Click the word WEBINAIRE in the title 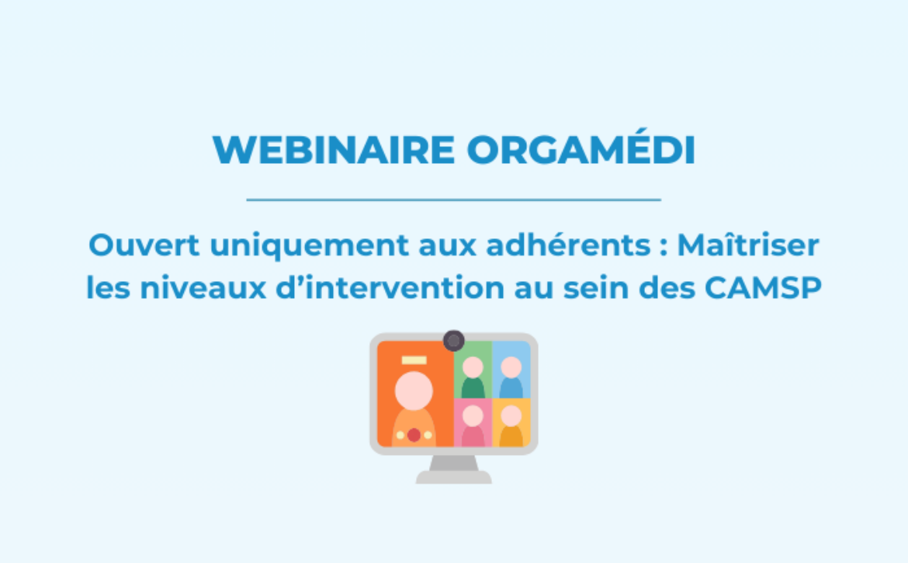(x=334, y=151)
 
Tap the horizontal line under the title (x=453, y=200)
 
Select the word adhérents (x=568, y=245)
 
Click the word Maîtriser (x=748, y=245)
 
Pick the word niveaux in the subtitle (x=203, y=288)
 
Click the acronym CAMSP (x=763, y=288)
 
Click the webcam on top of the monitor (x=453, y=341)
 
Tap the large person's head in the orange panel (x=414, y=391)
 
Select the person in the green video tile (x=473, y=377)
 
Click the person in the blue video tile (x=511, y=377)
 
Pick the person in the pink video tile (x=473, y=426)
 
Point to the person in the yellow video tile (x=511, y=426)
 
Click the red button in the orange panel (x=414, y=435)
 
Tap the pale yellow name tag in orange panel (x=414, y=360)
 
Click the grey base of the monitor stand (x=453, y=478)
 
